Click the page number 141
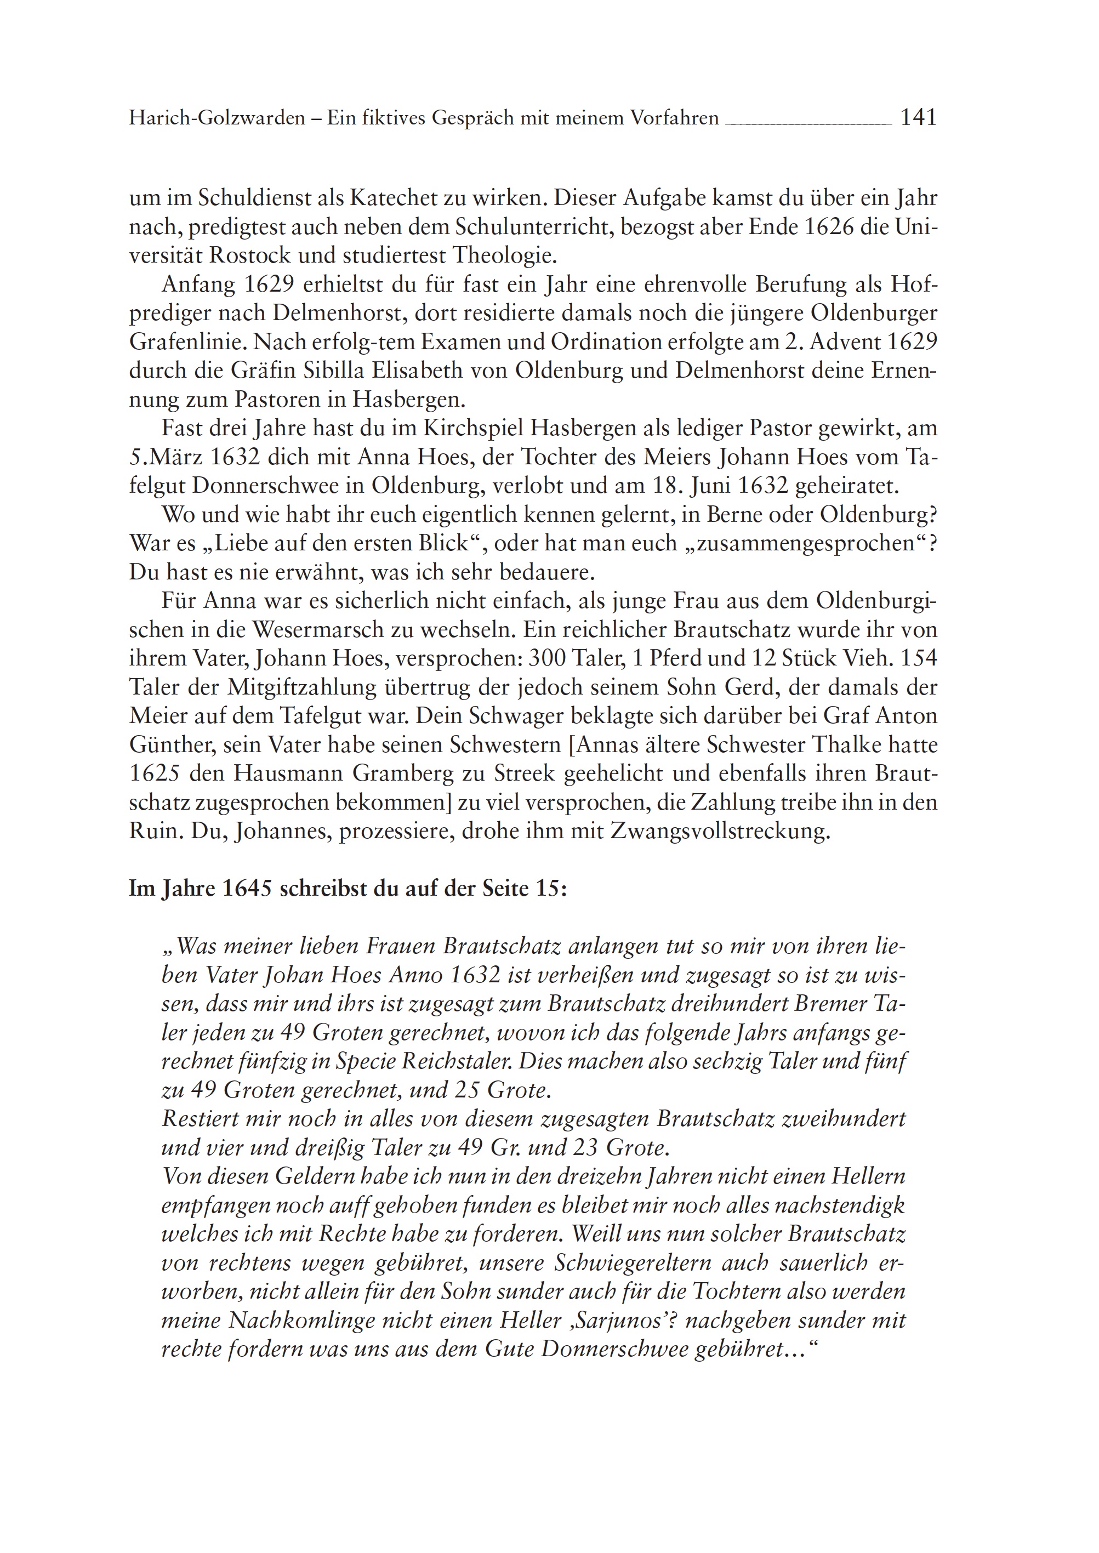(918, 118)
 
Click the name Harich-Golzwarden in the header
(217, 119)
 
